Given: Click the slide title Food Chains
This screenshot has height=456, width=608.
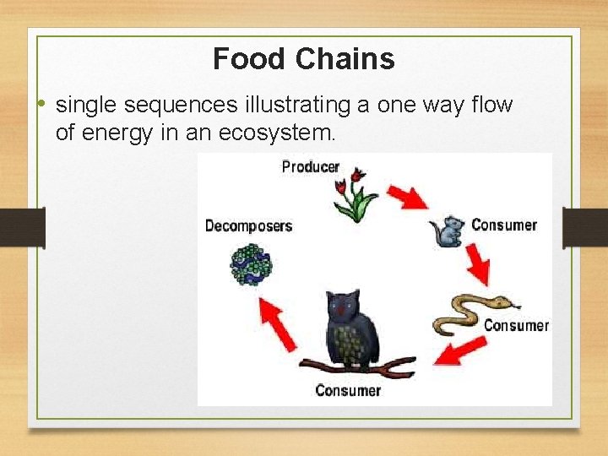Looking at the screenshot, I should pyautogui.click(x=304, y=59).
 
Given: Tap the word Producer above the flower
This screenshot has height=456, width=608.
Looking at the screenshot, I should pyautogui.click(x=310, y=166).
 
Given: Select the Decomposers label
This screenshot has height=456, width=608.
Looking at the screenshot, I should pyautogui.click(x=248, y=225).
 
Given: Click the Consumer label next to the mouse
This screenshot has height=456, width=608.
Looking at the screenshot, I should pyautogui.click(x=504, y=225).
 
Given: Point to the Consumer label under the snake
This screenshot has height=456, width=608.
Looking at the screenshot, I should pyautogui.click(x=516, y=325).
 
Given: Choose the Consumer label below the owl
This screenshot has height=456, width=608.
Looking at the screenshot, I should pyautogui.click(x=348, y=390).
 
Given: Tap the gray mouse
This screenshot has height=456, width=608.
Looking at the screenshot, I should pyautogui.click(x=448, y=231).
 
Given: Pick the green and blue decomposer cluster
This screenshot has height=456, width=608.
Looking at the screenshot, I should pyautogui.click(x=252, y=264).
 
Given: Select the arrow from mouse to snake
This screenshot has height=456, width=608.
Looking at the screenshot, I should pyautogui.click(x=478, y=264).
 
